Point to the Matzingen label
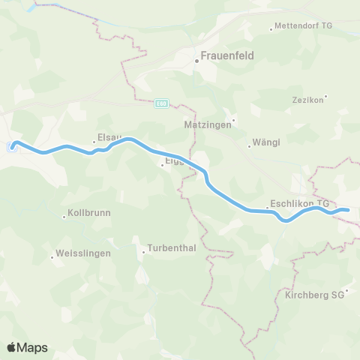[x=206, y=125]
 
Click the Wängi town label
[x=267, y=141]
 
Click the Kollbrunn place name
[x=89, y=213]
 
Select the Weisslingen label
[x=83, y=253]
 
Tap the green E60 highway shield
[x=161, y=104]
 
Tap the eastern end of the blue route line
[x=349, y=211]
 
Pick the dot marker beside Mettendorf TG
[x=271, y=30]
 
